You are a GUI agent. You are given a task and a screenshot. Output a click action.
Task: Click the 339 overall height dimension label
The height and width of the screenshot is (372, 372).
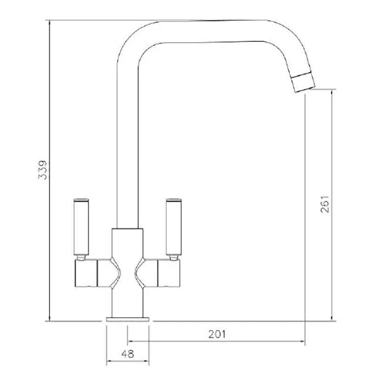42,171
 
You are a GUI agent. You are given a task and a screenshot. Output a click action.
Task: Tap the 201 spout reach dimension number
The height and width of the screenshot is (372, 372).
217,334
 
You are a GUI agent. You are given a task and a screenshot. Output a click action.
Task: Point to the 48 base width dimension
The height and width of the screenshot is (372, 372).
128,353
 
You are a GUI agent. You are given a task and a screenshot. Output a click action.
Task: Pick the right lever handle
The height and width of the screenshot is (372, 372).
173,227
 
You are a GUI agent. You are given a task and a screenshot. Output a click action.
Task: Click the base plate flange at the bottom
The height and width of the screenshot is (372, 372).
128,319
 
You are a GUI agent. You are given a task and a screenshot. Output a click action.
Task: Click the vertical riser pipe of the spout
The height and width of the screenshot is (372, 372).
127,153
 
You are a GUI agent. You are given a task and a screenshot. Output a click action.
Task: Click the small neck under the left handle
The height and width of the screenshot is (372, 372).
81,257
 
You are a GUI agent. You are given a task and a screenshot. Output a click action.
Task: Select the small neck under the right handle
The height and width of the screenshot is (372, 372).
173,257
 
